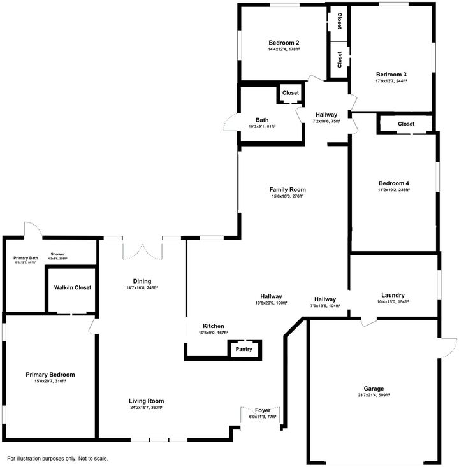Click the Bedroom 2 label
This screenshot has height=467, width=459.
284,42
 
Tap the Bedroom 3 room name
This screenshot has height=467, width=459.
391,74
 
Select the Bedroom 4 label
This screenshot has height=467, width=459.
392,182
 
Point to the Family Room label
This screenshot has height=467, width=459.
288,189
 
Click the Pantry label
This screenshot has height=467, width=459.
244,349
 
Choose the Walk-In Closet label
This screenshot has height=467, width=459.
72,287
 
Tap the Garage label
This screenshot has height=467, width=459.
374,389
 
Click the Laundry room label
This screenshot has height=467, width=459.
393,295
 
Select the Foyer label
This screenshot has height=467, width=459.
263,410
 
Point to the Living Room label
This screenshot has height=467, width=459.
146,401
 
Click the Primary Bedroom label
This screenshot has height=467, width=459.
50,375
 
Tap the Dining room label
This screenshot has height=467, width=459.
142,281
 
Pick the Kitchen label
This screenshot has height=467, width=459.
214,326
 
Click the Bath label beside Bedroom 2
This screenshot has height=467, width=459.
262,120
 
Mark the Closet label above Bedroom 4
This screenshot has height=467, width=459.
406,124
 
